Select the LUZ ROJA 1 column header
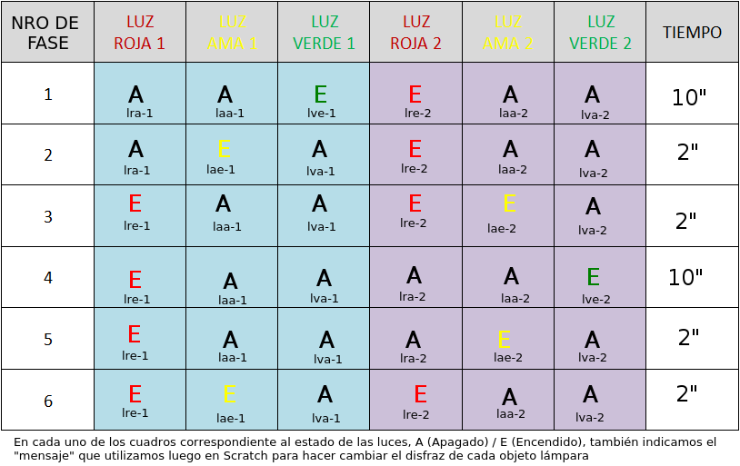(x=139, y=32)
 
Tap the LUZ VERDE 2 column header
(x=600, y=32)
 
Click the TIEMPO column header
(x=692, y=33)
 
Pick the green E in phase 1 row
(x=320, y=94)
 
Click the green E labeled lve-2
(x=593, y=277)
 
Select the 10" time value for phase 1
(x=689, y=97)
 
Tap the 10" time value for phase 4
(x=686, y=277)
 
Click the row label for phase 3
(x=48, y=216)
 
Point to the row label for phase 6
(x=48, y=402)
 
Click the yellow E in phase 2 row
(x=225, y=150)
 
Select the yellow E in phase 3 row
(x=509, y=203)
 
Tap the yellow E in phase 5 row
(x=505, y=340)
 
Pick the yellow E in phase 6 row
(x=229, y=394)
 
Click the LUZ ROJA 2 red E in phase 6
(x=420, y=394)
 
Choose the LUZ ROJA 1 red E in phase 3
(x=135, y=203)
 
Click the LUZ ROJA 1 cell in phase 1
(x=139, y=94)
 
